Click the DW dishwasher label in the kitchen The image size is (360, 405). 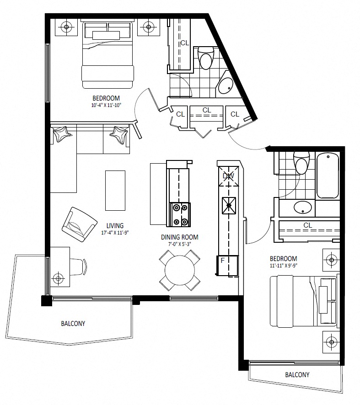tap(228, 176)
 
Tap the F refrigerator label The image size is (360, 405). tap(222, 261)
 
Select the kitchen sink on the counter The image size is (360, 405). tap(229, 206)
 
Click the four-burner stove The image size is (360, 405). tap(180, 215)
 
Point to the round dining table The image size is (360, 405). tap(180, 270)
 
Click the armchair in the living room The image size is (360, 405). tap(80, 224)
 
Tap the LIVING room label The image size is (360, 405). tap(115, 226)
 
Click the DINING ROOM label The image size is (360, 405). tap(180, 237)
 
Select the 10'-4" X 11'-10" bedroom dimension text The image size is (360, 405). tap(106, 105)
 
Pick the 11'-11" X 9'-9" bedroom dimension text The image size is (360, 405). tap(284, 266)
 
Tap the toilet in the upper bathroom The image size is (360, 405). tap(206, 58)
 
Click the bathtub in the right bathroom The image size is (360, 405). tap(328, 176)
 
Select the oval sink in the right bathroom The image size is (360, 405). tap(303, 207)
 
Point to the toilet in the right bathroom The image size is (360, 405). tap(301, 163)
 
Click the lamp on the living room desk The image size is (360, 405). tap(58, 278)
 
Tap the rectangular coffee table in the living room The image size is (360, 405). tap(115, 190)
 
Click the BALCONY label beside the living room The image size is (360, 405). tap(73, 324)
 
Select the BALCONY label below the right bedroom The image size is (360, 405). tap(297, 374)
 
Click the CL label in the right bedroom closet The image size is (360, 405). tap(308, 225)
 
